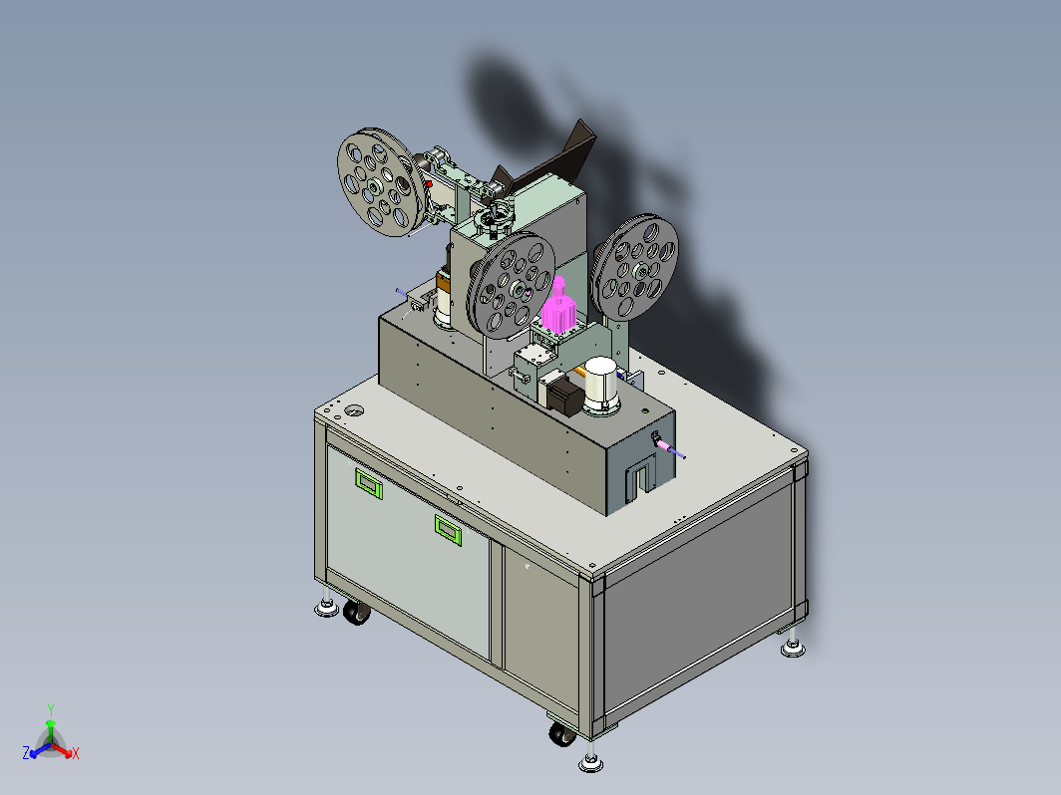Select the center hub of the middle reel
pyautogui.click(x=518, y=290)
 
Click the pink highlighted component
pyautogui.click(x=558, y=307)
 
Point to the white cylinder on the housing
pyautogui.click(x=601, y=385)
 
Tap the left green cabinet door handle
pyautogui.click(x=369, y=483)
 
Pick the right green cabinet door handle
pyautogui.click(x=448, y=529)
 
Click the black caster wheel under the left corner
pyautogui.click(x=356, y=612)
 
